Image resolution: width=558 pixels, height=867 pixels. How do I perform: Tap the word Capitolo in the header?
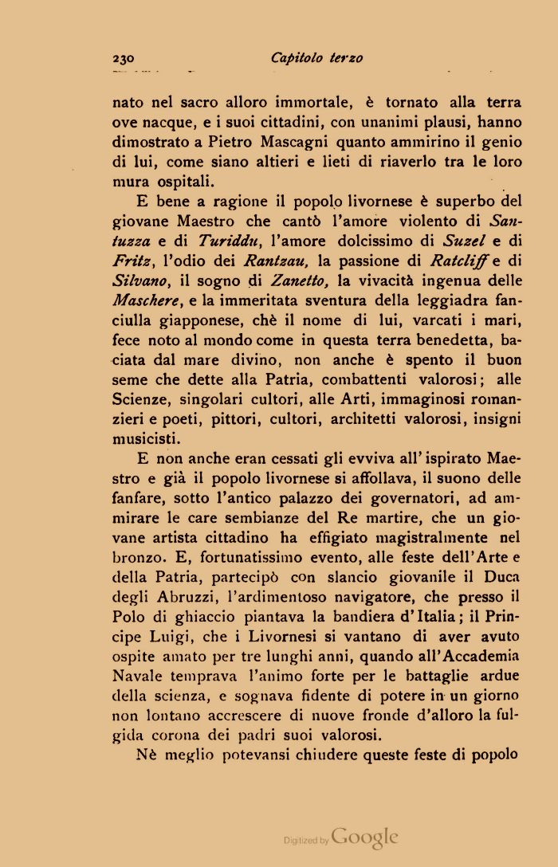point(296,58)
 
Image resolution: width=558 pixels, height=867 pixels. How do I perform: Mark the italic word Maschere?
point(147,301)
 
